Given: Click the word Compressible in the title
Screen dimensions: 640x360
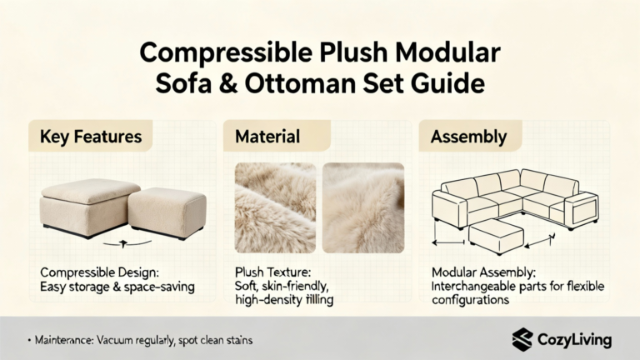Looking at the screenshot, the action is pyautogui.click(x=226, y=53).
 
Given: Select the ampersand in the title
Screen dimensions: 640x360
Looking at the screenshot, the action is pyautogui.click(x=227, y=83).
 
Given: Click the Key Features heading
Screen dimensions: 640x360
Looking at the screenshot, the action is pyautogui.click(x=91, y=137).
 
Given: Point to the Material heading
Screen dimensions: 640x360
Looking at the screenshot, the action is pyautogui.click(x=267, y=137).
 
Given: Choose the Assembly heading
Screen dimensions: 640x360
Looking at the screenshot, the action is pyautogui.click(x=468, y=137).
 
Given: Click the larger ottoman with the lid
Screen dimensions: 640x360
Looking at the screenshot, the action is pyautogui.click(x=89, y=207).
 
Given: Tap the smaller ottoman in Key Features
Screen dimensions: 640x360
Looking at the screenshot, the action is pyautogui.click(x=167, y=213).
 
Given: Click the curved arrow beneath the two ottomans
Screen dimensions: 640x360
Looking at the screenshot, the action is pyautogui.click(x=127, y=244).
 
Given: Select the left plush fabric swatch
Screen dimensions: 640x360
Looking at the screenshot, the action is pyautogui.click(x=275, y=207).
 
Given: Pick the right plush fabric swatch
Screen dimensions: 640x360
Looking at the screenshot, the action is pyautogui.click(x=363, y=207).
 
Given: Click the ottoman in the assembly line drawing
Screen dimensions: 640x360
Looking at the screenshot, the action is pyautogui.click(x=496, y=237).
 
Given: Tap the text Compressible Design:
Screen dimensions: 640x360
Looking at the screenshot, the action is pyautogui.click(x=100, y=272).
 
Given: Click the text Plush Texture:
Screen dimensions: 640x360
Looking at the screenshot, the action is pyautogui.click(x=272, y=272).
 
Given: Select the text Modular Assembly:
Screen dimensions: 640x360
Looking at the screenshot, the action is pyautogui.click(x=483, y=272).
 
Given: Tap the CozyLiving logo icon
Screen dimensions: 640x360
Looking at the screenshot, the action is pyautogui.click(x=522, y=340).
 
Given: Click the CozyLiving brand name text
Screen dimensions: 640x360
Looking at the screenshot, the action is pyautogui.click(x=574, y=340).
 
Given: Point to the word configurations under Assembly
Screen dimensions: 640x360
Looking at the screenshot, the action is pyautogui.click(x=470, y=301).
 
